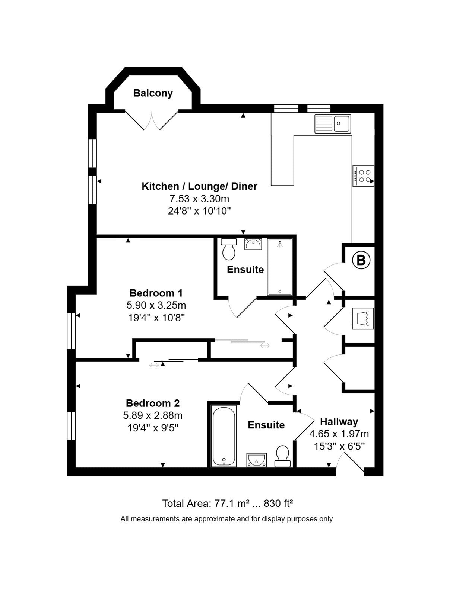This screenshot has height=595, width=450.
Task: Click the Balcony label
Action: pyautogui.click(x=153, y=93)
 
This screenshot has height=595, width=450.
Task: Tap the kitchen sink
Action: pyautogui.click(x=333, y=123)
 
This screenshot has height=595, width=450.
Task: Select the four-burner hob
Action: pyautogui.click(x=363, y=176)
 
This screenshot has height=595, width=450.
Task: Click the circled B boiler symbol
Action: pyautogui.click(x=361, y=261)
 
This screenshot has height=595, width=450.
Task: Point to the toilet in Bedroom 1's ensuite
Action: pyautogui.click(x=228, y=249)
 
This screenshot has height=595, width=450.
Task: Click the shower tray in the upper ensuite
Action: pyautogui.click(x=280, y=267)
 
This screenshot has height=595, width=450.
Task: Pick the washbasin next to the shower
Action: pyautogui.click(x=253, y=244)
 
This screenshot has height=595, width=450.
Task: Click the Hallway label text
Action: pyautogui.click(x=339, y=422)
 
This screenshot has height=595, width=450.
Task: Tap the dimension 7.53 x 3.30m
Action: pyautogui.click(x=199, y=199)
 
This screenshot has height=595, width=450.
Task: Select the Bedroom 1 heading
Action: pyautogui.click(x=156, y=293)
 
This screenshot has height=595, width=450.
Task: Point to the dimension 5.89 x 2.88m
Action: pyautogui.click(x=152, y=415)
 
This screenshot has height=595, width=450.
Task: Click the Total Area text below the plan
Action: pyautogui.click(x=228, y=504)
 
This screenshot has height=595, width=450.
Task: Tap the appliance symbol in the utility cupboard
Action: pyautogui.click(x=362, y=318)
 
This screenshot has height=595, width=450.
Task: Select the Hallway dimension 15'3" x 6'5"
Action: pyautogui.click(x=339, y=446)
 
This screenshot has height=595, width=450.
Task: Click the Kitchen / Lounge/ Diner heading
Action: pyautogui.click(x=200, y=186)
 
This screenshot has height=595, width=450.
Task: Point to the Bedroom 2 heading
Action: pyautogui.click(x=153, y=403)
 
